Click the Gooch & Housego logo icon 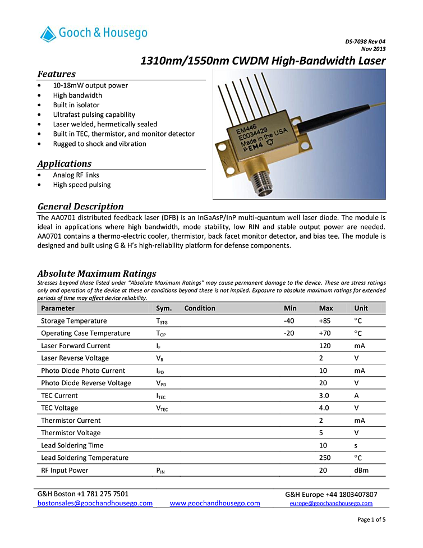click(48, 34)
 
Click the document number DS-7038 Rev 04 click(365, 42)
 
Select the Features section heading click(57, 74)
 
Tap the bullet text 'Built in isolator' click(76, 105)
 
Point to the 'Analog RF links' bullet click(76, 175)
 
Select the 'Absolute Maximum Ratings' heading click(96, 273)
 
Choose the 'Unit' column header click(361, 308)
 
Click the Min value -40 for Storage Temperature click(289, 321)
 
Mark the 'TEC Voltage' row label click(59, 408)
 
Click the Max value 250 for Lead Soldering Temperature click(325, 458)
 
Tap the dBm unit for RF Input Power click(361, 471)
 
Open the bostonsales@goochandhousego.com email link click(95, 504)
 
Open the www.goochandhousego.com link click(215, 504)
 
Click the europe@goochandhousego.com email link click(331, 504)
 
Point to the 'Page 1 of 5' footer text click(371, 519)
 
